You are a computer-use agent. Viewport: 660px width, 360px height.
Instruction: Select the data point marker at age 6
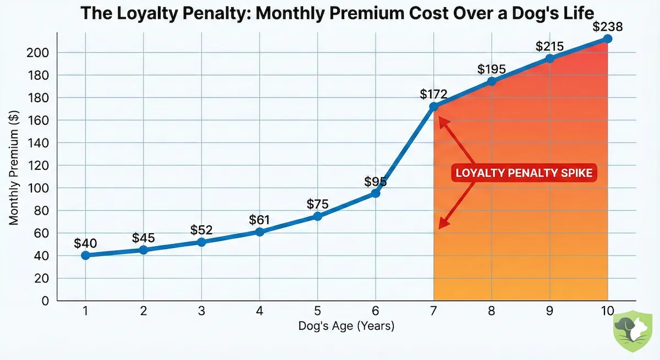tap(376, 193)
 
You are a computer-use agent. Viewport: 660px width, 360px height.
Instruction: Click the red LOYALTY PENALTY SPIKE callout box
tap(524, 173)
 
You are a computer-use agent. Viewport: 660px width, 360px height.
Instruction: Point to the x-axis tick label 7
tap(433, 311)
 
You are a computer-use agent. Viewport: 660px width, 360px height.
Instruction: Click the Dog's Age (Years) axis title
tap(346, 326)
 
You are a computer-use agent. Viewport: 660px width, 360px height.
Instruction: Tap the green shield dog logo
tap(631, 329)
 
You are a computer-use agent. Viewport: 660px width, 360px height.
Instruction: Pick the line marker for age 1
tap(85, 255)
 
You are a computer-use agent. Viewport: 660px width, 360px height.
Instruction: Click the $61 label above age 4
tap(259, 220)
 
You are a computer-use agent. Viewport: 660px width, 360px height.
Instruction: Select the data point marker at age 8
tap(492, 81)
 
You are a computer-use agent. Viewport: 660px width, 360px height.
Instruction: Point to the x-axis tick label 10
tap(607, 311)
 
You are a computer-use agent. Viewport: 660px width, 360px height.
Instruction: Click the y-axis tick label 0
tap(46, 301)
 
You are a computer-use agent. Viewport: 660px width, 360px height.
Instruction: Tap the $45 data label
tap(144, 238)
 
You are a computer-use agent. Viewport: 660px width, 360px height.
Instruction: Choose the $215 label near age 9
tap(549, 47)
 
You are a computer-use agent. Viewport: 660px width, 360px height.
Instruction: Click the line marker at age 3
tap(201, 242)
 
